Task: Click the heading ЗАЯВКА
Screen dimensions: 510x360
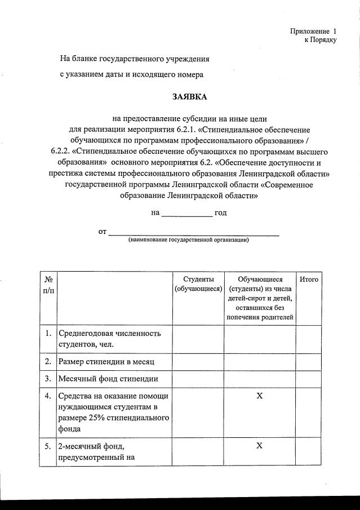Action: coord(189,97)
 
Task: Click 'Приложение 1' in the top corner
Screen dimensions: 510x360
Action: coord(313,31)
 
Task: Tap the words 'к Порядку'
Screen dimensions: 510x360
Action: coord(320,40)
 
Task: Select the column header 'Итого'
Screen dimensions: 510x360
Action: coord(308,280)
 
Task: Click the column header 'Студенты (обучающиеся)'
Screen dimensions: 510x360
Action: coord(198,284)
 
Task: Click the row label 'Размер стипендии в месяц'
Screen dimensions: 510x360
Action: coord(106,361)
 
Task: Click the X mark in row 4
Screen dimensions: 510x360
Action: coord(259,396)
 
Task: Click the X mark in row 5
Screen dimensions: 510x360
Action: coord(259,446)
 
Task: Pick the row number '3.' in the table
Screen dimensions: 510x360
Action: coord(48,379)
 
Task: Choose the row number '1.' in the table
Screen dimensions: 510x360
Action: coord(48,334)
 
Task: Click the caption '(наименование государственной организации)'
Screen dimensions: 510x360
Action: coord(188,240)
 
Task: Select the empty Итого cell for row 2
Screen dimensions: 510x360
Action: coord(308,361)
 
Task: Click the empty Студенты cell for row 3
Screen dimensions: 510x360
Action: coord(198,379)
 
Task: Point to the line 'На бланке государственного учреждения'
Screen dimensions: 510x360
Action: coord(135,59)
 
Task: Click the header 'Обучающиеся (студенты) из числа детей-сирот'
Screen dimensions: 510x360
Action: coord(260,298)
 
